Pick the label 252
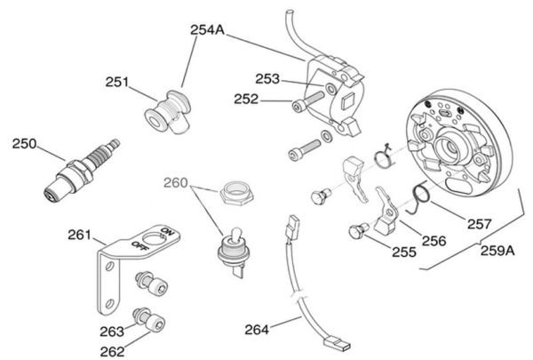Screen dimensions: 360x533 click(x=247, y=100)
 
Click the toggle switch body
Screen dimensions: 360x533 click(x=231, y=244)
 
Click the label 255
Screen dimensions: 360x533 click(x=404, y=252)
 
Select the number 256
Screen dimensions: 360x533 click(x=434, y=239)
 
